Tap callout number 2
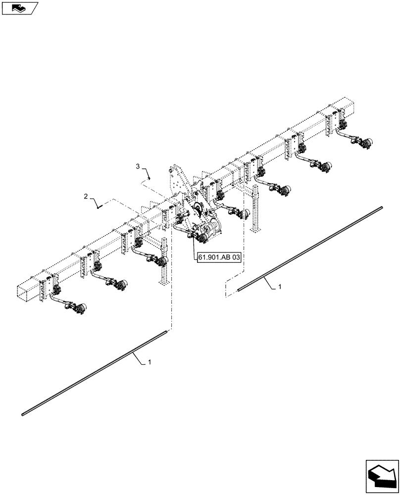tap(86, 197)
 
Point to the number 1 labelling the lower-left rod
tap(149, 362)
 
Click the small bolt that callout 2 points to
tap(100, 206)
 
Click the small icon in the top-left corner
tap(20, 8)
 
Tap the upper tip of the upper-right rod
tap(382, 208)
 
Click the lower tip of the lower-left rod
tap(23, 414)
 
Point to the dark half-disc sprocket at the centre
tap(198, 210)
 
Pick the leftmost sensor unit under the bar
tap(79, 310)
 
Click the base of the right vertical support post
tap(255, 229)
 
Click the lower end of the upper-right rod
tap(239, 290)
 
